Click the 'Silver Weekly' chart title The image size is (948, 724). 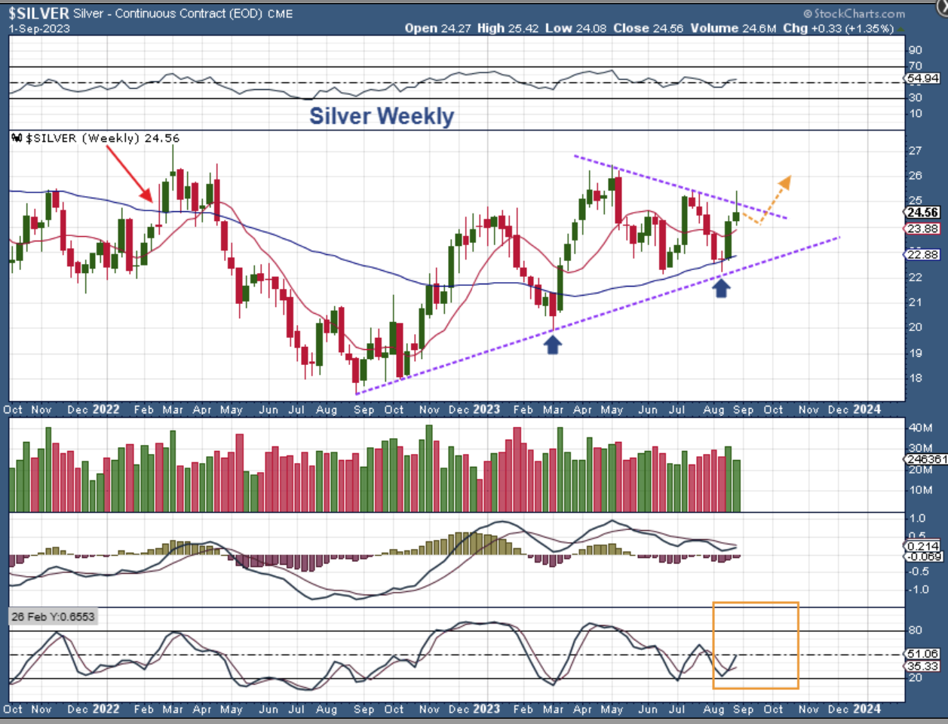[x=382, y=116]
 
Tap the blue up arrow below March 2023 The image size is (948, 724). [x=554, y=345]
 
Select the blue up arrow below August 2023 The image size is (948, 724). [x=722, y=287]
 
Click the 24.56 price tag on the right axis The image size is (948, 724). [x=922, y=213]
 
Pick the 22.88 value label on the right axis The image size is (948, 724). [x=922, y=255]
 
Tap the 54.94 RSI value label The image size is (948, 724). [x=922, y=78]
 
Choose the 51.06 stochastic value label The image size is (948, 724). [x=922, y=654]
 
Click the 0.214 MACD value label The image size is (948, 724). [x=922, y=546]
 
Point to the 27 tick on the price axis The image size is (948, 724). [x=914, y=151]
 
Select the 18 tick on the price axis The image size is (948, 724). [x=914, y=378]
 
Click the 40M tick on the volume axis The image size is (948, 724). [x=920, y=428]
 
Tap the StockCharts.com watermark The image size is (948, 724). [x=854, y=14]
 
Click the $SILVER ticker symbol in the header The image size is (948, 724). [x=38, y=14]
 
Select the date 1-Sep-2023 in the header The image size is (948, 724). [x=39, y=29]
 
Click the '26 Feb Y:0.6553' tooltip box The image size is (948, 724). [x=53, y=617]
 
